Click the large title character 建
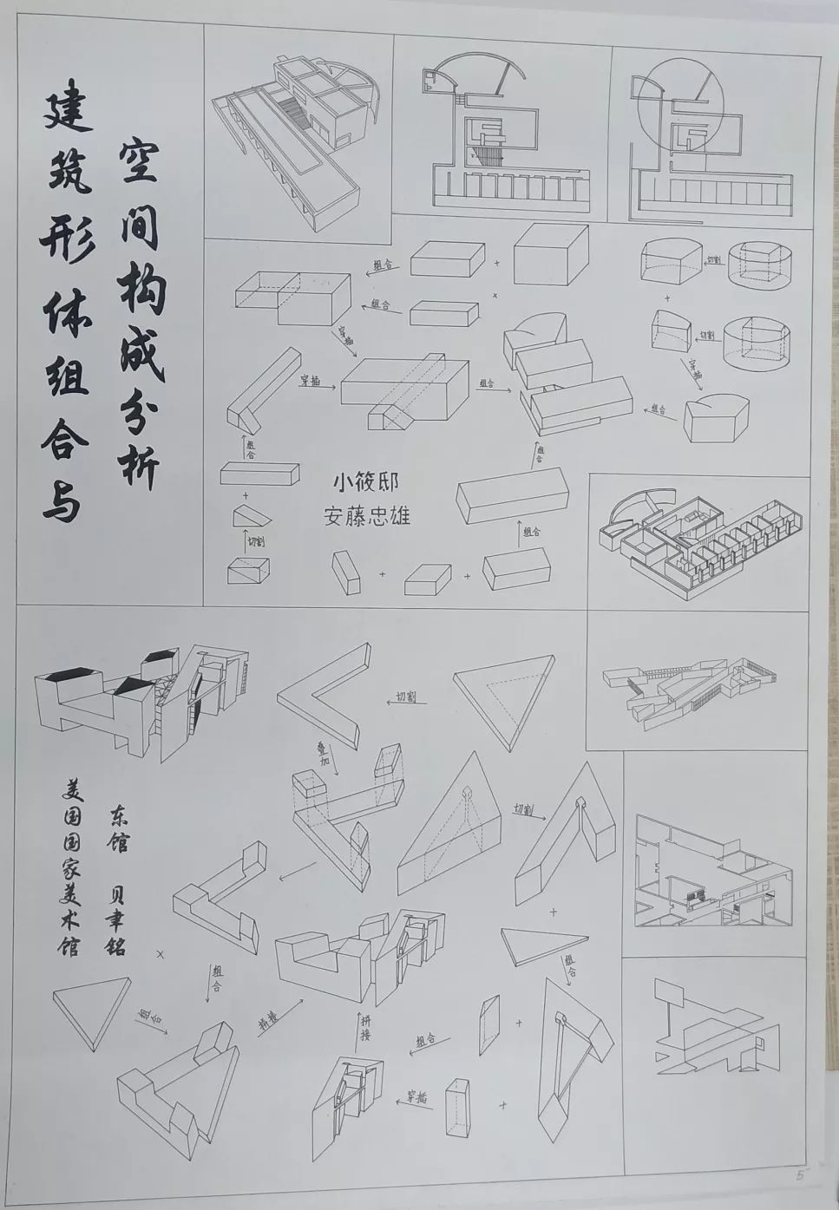click(x=67, y=111)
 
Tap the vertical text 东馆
click(x=117, y=829)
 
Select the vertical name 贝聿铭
click(x=115, y=919)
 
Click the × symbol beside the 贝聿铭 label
click(x=161, y=952)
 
